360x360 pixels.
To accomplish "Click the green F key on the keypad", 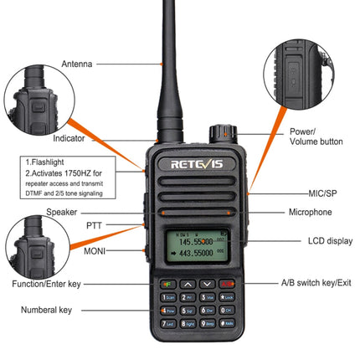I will tap(166, 285).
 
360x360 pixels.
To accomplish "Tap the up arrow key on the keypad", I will tap(188, 285).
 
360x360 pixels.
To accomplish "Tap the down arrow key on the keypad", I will tap(208, 285).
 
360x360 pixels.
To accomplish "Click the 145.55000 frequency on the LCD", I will tap(196, 241).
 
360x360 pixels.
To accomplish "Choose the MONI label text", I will tap(94, 249).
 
